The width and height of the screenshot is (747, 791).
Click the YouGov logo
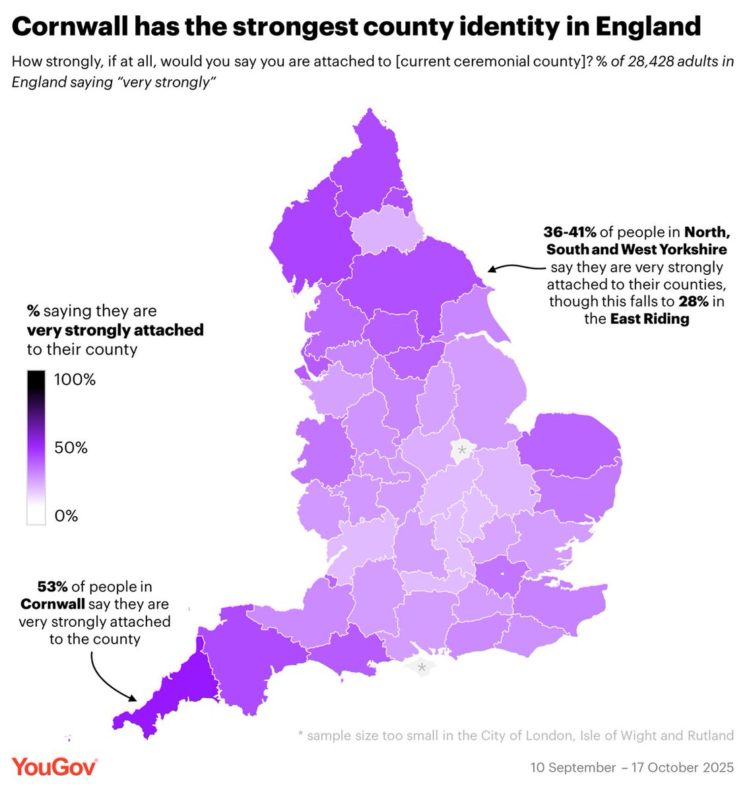pos(55,767)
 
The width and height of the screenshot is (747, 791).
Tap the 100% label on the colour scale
pos(75,380)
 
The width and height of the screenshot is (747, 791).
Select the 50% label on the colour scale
pos(71,448)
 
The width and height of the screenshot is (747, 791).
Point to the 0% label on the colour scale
pos(66,516)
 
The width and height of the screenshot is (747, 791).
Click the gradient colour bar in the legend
pos(36,448)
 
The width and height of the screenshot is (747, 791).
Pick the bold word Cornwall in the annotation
pos(52,604)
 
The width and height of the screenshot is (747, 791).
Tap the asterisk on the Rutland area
pos(462,451)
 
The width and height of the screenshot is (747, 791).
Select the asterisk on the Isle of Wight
pos(421,668)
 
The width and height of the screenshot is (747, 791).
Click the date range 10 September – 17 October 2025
pos(632,768)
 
